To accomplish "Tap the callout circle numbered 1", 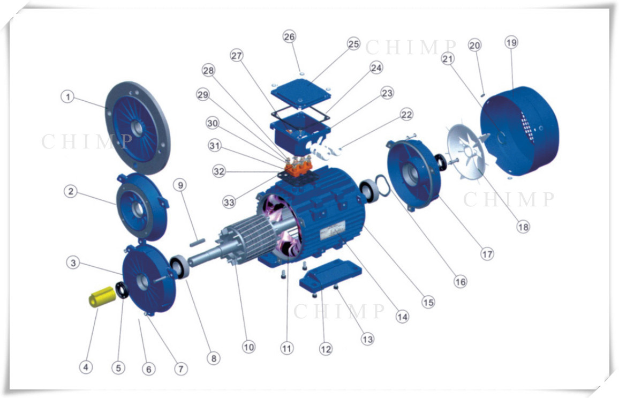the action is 67,96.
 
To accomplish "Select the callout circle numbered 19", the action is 511,42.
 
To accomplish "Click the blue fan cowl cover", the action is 519,130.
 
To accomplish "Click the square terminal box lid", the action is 301,93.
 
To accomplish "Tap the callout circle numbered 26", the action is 289,37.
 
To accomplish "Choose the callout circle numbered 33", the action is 229,202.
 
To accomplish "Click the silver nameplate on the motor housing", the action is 333,230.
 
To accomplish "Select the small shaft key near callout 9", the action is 197,242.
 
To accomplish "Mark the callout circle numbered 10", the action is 248,347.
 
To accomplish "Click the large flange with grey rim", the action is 138,127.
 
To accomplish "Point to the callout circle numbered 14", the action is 402,316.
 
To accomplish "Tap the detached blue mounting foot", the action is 330,276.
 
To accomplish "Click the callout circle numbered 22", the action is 406,115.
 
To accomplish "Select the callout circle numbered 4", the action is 86,367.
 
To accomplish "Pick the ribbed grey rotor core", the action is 248,237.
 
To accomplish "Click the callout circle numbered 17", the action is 487,254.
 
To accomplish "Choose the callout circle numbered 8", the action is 214,358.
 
